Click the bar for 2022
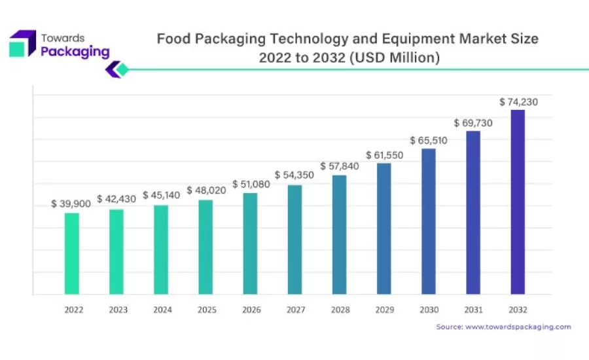(x=71, y=253)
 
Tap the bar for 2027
(x=294, y=240)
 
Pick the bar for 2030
(x=428, y=221)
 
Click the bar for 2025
(x=205, y=247)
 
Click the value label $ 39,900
(x=71, y=204)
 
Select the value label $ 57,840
(x=340, y=166)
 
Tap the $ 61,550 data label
(x=384, y=155)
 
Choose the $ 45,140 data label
(x=161, y=196)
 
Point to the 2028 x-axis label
(x=340, y=310)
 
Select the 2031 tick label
(x=473, y=310)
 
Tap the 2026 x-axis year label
(x=250, y=310)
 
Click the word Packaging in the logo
(x=75, y=52)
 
